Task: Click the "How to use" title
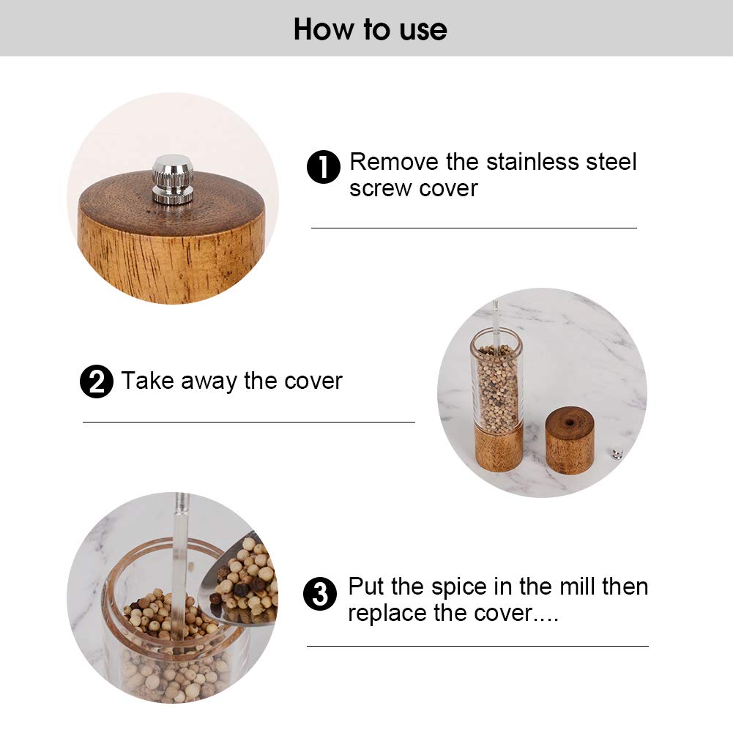[x=370, y=29]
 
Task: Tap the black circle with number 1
[x=323, y=168]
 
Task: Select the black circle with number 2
[x=97, y=382]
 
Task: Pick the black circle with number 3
[x=320, y=594]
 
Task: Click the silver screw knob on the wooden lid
[x=173, y=179]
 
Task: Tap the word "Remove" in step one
[x=394, y=162]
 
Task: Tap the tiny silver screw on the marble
[x=617, y=454]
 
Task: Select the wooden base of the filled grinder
[x=499, y=448]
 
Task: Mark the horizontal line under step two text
[x=248, y=422]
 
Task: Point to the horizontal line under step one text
[x=474, y=228]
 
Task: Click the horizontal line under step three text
[x=477, y=646]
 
